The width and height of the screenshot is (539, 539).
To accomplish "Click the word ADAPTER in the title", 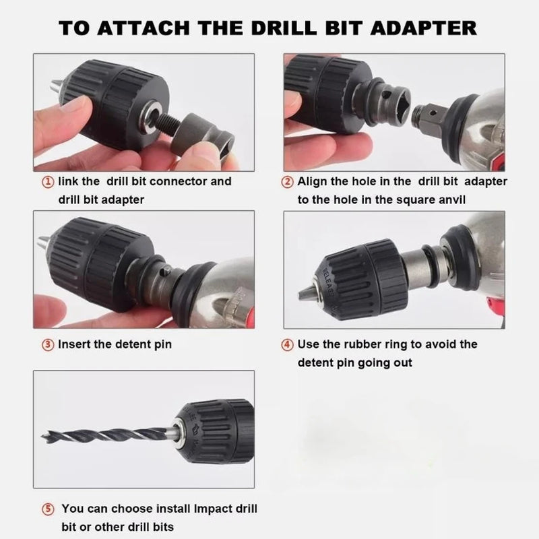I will pyautogui.click(x=418, y=28).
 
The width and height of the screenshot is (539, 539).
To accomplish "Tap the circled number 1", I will pyautogui.click(x=48, y=182).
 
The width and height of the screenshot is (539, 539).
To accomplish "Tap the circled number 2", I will pyautogui.click(x=287, y=182).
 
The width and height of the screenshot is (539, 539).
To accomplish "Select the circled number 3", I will pyautogui.click(x=48, y=344).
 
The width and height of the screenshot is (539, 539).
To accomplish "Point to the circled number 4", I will pyautogui.click(x=287, y=344).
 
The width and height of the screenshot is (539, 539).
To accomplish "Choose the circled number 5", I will pyautogui.click(x=48, y=509).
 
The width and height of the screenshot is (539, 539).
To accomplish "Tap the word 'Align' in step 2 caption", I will pyautogui.click(x=314, y=182).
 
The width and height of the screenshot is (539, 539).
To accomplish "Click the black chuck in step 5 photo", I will pyautogui.click(x=216, y=431).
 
